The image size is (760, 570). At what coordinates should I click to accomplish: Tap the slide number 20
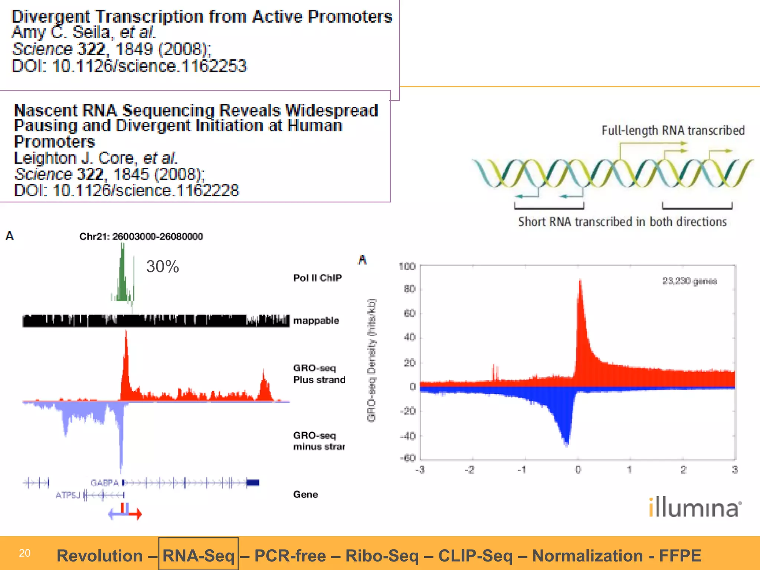24,553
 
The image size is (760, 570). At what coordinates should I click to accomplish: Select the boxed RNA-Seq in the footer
199,556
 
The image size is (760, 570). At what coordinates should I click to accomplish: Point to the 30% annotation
163,266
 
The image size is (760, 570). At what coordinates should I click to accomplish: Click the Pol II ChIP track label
318,278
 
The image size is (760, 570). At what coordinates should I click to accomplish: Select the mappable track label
316,320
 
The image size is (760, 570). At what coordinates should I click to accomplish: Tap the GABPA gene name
104,483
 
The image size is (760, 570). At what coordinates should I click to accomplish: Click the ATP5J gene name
68,495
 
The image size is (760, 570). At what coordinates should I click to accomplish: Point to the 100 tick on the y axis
407,266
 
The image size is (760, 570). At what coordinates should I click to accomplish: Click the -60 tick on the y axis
408,458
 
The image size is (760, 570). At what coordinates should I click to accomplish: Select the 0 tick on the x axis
578,470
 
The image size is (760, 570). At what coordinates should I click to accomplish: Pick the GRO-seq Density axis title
371,360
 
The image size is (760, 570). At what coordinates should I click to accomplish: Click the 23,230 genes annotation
689,281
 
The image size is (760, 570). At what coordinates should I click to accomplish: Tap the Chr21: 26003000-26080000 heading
141,236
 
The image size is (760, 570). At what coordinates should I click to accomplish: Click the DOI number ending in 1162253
149,66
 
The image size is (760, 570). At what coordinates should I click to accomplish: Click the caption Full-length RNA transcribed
673,131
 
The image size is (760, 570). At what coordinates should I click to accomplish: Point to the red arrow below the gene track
135,514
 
